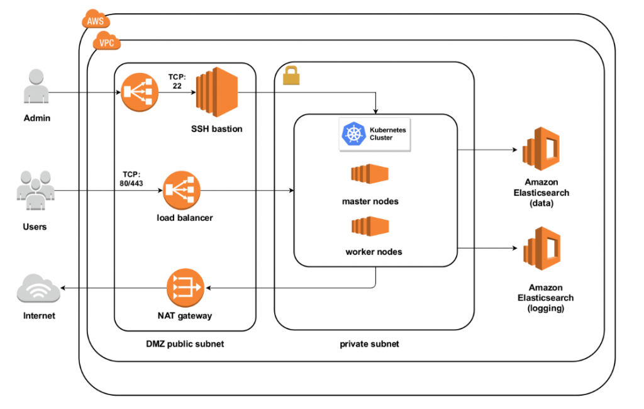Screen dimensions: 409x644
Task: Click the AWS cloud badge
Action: [96, 20]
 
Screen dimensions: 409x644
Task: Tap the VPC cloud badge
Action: [106, 43]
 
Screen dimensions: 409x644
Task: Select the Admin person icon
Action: [36, 87]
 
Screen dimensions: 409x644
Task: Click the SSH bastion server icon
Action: [216, 94]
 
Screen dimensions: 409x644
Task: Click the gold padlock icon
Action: [291, 76]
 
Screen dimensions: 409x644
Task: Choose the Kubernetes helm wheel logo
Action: [352, 133]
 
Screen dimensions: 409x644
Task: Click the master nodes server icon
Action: [370, 174]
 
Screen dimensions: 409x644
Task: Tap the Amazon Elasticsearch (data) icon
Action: [541, 150]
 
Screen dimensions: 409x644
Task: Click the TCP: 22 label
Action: [176, 81]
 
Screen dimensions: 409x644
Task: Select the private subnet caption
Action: [369, 344]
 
